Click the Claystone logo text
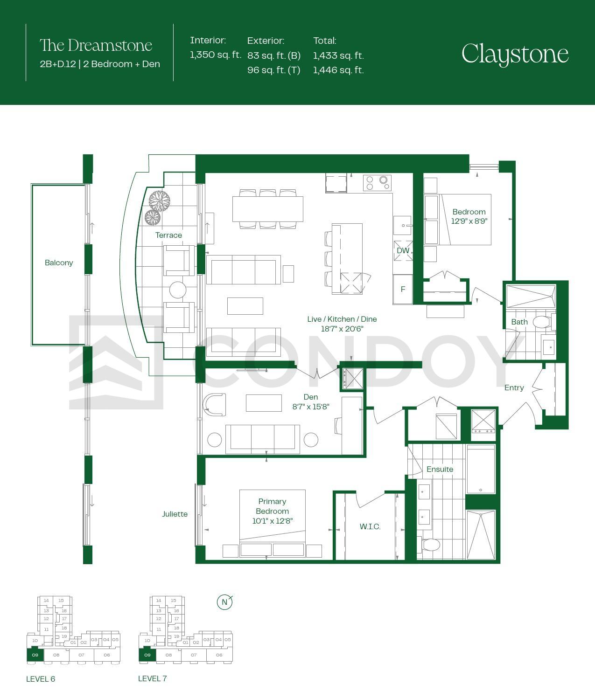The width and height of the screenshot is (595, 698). click(x=515, y=55)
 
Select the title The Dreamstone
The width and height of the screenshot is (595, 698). click(x=96, y=45)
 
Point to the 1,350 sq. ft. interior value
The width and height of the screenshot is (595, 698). click(x=215, y=55)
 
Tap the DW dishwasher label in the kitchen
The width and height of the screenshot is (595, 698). click(x=403, y=250)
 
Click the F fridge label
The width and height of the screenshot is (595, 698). click(x=403, y=289)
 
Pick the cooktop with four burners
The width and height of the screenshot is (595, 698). click(x=377, y=183)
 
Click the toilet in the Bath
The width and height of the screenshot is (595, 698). click(x=542, y=322)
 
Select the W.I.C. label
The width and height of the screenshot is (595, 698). click(x=370, y=526)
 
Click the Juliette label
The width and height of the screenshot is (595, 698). click(x=175, y=514)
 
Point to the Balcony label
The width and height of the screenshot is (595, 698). click(x=59, y=263)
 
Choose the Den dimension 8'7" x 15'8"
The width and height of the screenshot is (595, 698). click(x=311, y=407)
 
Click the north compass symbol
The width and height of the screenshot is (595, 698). click(x=224, y=602)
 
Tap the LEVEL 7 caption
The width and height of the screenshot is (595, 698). click(x=153, y=678)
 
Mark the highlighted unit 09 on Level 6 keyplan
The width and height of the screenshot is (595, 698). click(x=35, y=655)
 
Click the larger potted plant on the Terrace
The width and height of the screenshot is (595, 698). click(x=159, y=201)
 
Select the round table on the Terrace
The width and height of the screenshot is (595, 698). click(x=177, y=290)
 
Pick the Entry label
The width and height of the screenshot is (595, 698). click(x=514, y=387)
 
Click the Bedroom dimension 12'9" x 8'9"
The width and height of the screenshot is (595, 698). click(x=469, y=221)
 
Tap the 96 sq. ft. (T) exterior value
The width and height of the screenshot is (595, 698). click(x=273, y=70)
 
